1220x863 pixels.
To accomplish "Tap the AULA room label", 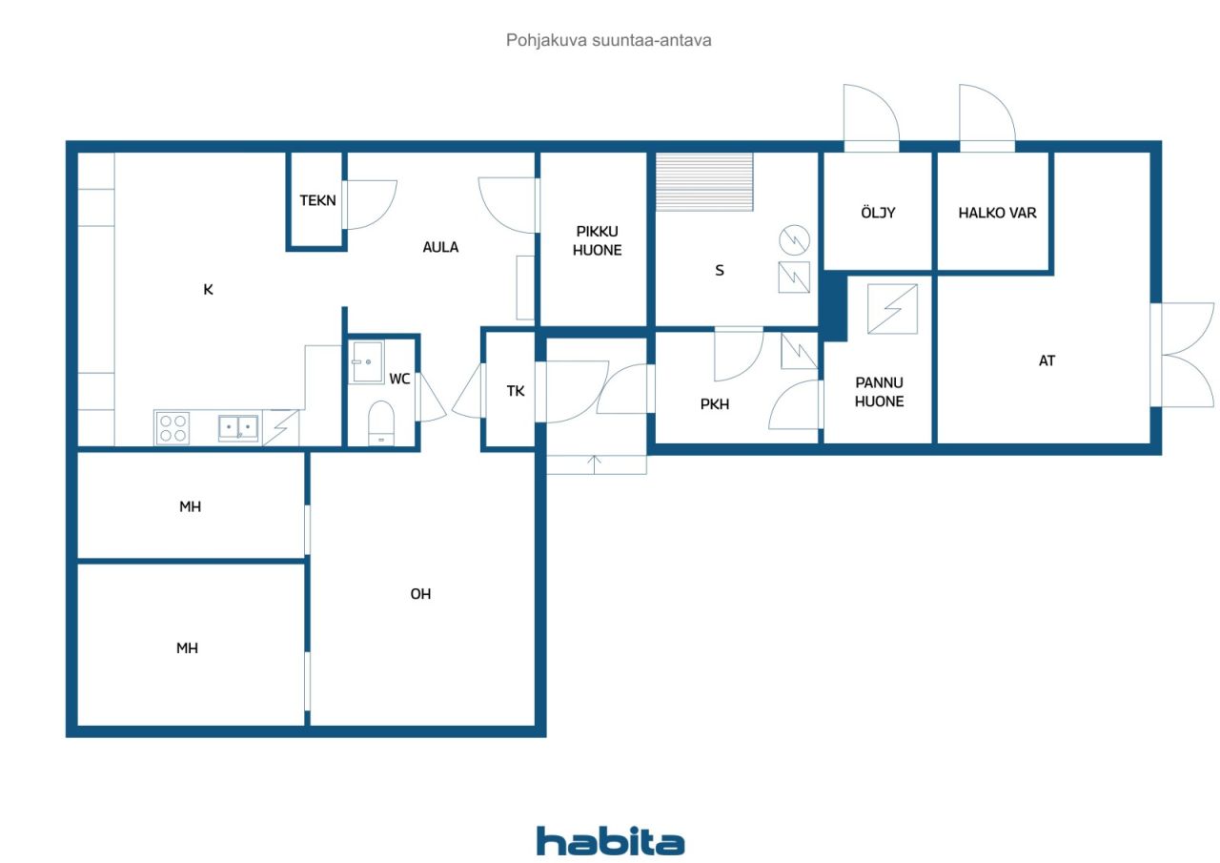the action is (440, 247).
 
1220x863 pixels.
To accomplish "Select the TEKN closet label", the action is (317, 200).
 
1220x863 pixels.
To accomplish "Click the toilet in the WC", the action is (381, 423).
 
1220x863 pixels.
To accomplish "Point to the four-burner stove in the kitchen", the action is (173, 428).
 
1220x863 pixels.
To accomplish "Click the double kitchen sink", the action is (238, 428).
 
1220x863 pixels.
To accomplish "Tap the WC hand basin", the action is (366, 362).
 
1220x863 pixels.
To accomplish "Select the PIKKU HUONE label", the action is (597, 241).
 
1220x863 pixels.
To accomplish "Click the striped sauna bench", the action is (704, 182).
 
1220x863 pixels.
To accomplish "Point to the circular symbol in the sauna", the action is (794, 240).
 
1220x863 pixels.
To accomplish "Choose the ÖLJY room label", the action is (878, 213).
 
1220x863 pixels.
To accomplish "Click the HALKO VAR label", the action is (997, 213).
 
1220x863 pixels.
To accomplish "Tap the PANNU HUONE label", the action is (879, 392).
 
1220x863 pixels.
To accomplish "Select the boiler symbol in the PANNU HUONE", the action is (892, 309).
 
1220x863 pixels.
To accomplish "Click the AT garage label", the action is (1047, 360).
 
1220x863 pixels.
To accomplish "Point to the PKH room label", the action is (715, 404).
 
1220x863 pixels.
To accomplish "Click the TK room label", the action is (516, 391).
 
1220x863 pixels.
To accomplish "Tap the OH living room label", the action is (420, 594).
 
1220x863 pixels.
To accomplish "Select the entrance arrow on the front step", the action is (594, 464).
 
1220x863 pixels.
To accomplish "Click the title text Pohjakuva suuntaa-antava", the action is (608, 40).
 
